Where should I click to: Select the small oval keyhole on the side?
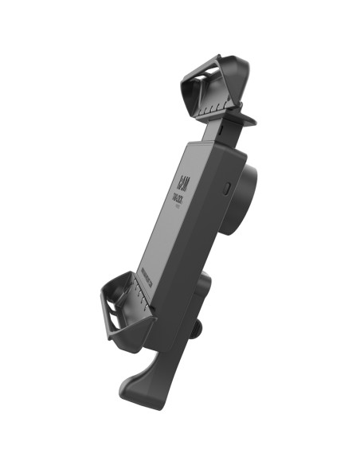tap(228, 190)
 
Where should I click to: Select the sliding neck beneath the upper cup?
tap(220, 128)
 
